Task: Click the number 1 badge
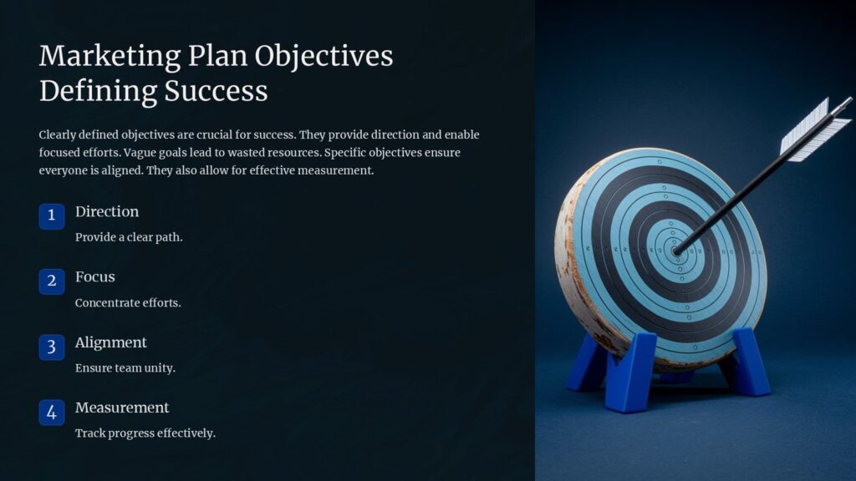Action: coord(51,215)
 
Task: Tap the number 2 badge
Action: coord(51,281)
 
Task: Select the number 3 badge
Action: coord(51,347)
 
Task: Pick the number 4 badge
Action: coord(51,412)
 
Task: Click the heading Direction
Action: coord(107,212)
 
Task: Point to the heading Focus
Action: coord(95,277)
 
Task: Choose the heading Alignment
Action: coord(111,342)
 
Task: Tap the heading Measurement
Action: coord(122,408)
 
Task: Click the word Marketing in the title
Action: coord(110,57)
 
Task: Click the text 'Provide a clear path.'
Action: coord(129,237)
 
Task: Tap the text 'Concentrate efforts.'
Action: coord(128,303)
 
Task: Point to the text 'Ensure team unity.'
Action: coord(125,368)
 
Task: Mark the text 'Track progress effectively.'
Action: coord(145,433)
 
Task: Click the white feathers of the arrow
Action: coord(815,129)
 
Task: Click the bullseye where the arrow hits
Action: coord(676,249)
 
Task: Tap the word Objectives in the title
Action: coord(324,57)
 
